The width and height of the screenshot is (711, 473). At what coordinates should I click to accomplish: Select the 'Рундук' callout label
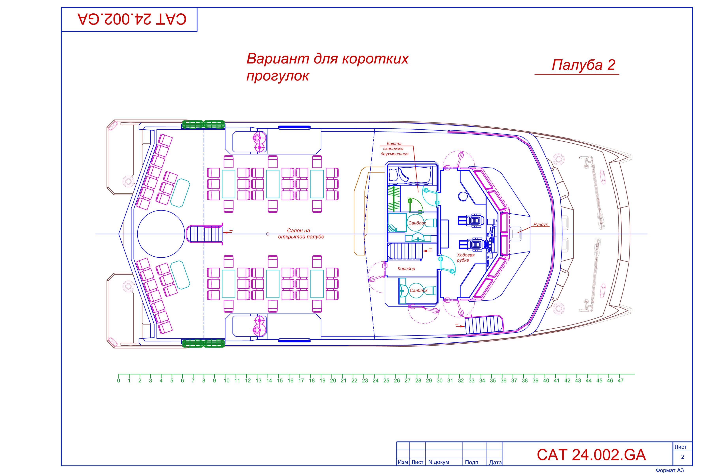click(540, 224)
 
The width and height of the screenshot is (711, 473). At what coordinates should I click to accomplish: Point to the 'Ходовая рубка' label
click(465, 257)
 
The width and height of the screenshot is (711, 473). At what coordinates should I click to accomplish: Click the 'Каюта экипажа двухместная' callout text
click(394, 149)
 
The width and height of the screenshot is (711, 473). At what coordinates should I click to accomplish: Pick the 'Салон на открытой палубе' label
click(301, 234)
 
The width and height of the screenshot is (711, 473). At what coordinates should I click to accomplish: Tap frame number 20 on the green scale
click(333, 381)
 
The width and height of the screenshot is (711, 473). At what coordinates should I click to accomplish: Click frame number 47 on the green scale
click(620, 381)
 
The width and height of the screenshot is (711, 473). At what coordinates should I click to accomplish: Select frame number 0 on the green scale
click(119, 381)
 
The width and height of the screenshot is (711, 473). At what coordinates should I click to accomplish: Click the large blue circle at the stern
click(161, 234)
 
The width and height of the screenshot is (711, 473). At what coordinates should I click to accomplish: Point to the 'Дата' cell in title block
click(495, 462)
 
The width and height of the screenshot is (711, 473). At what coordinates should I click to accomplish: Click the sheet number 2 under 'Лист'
click(682, 457)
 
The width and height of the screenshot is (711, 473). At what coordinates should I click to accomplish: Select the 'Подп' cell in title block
click(471, 462)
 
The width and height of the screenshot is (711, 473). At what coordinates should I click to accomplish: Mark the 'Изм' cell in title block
click(403, 462)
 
